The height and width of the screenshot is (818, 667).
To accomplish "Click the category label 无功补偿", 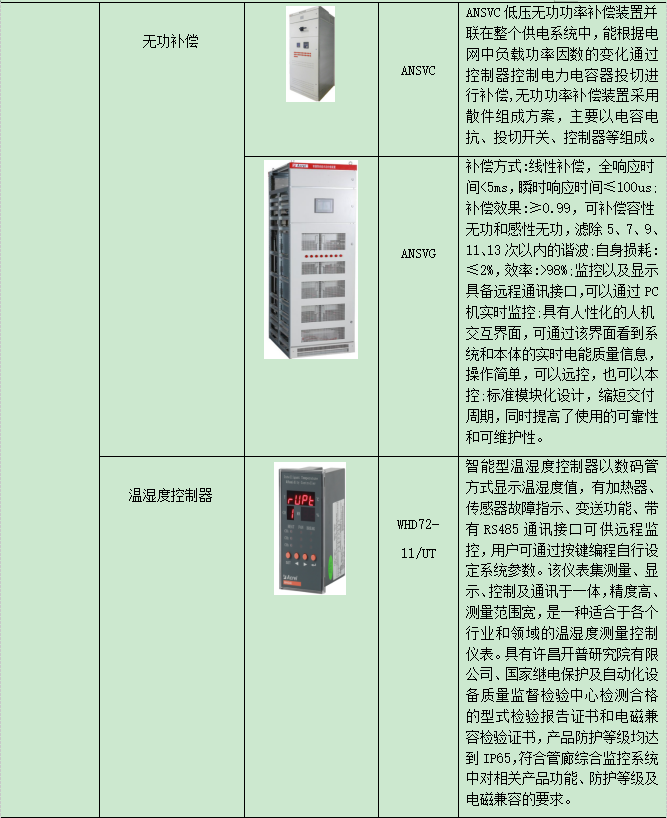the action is [170, 41].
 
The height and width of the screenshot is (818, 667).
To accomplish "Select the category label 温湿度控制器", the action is [170, 495].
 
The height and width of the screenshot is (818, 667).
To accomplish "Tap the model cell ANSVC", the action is [418, 71].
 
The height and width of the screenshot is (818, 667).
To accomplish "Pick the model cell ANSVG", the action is [418, 254].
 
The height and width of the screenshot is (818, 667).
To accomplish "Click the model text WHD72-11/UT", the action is [418, 539].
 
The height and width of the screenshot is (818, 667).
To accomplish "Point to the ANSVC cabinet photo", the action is [310, 54].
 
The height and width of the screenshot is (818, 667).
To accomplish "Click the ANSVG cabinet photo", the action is [311, 259].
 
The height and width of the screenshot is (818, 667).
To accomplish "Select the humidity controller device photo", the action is [310, 528].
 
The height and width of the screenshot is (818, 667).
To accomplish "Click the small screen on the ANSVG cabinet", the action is [323, 205].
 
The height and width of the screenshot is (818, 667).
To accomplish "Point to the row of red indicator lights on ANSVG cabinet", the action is [323, 256].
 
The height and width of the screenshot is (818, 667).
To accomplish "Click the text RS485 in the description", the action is [501, 530].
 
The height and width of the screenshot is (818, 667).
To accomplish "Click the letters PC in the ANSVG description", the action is [651, 292].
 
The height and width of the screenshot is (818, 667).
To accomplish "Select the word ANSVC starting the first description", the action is [483, 13].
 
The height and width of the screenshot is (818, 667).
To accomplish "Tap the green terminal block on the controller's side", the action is [330, 566].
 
